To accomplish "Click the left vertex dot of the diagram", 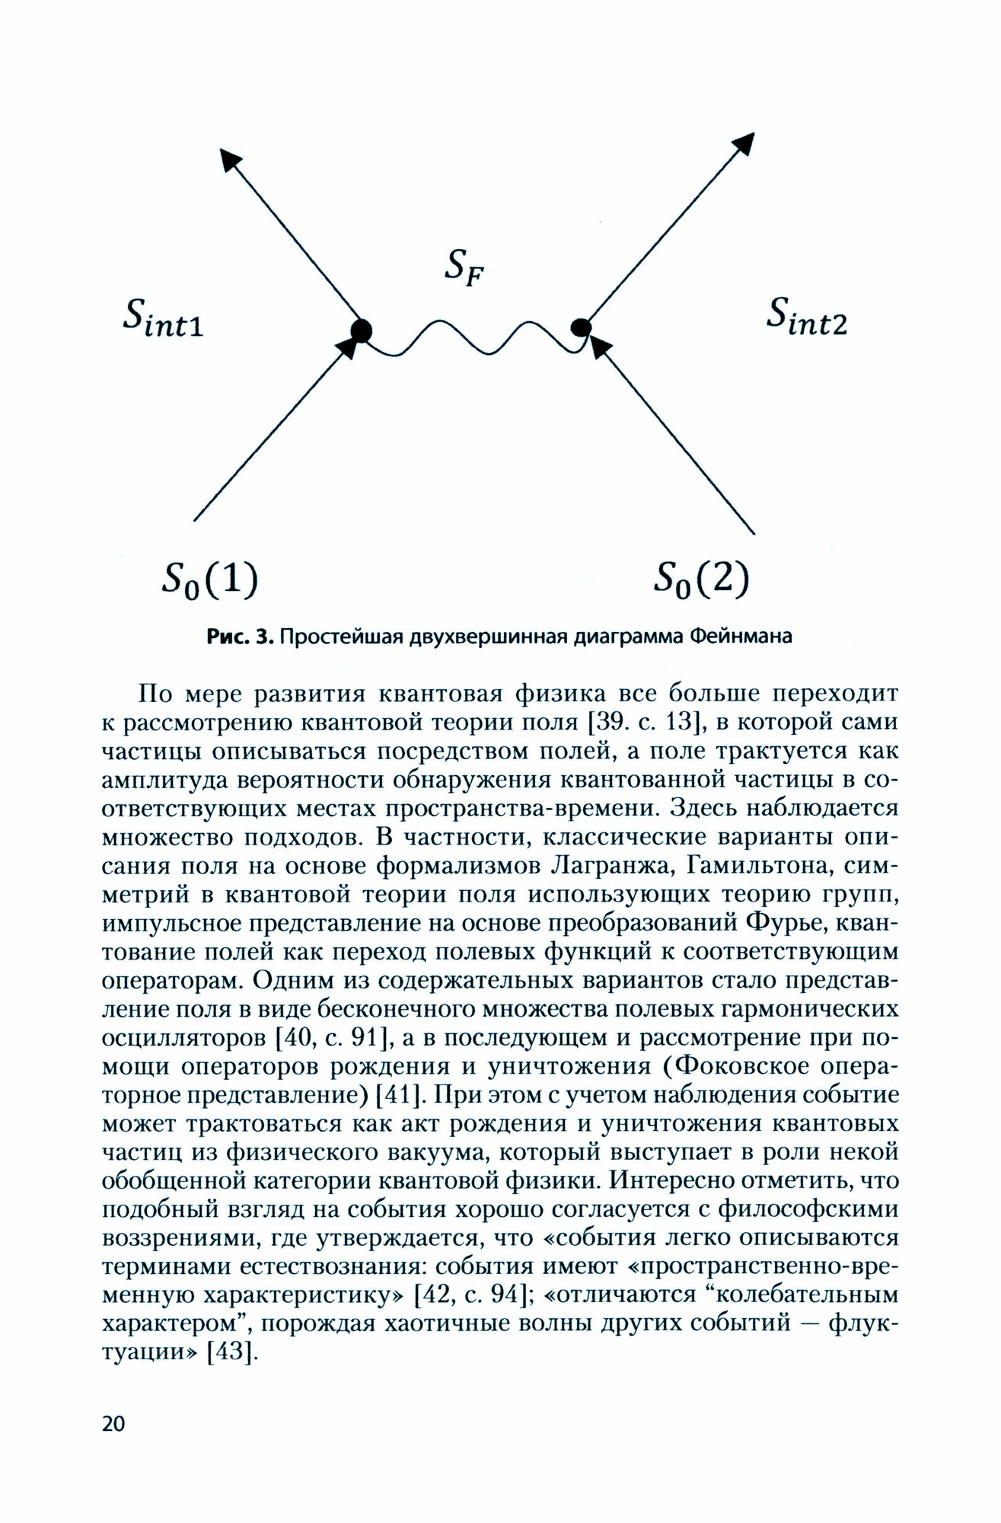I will (x=360, y=330).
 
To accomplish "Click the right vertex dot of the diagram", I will (x=581, y=327).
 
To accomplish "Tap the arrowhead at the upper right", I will (x=744, y=143).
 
